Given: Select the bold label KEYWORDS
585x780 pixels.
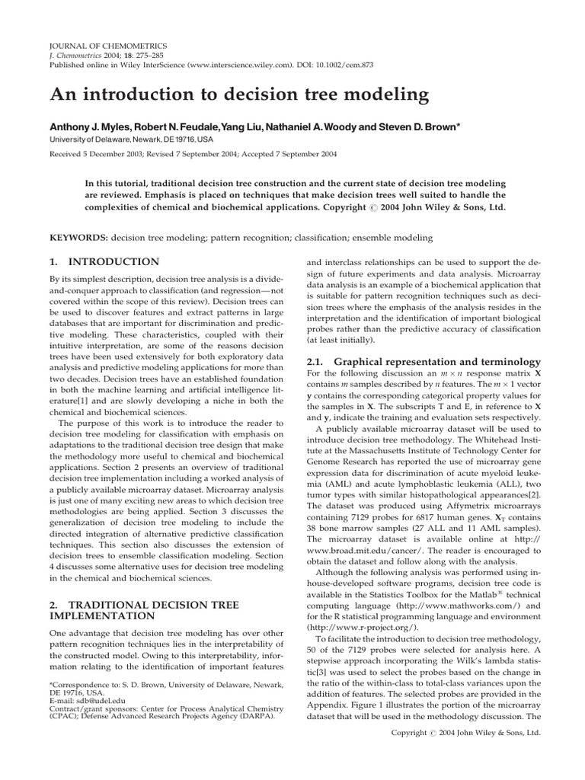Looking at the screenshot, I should (x=78, y=238).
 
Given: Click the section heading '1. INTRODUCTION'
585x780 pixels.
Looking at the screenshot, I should (x=104, y=262).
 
